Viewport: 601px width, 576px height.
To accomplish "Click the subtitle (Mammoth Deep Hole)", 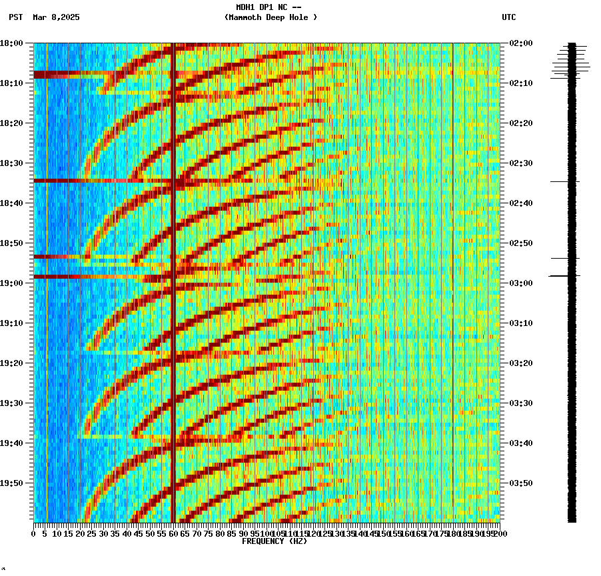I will pyautogui.click(x=271, y=17).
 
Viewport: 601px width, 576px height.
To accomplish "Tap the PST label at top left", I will pyautogui.click(x=16, y=17).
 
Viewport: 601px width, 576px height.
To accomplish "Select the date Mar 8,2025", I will pyautogui.click(x=56, y=17).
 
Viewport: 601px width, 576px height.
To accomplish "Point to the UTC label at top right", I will pyautogui.click(x=509, y=17).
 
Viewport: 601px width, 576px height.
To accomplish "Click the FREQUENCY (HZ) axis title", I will pyautogui.click(x=274, y=541).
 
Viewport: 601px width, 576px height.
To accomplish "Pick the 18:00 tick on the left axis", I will pyautogui.click(x=12, y=43).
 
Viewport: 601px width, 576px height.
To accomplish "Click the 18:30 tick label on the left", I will pyautogui.click(x=12, y=163).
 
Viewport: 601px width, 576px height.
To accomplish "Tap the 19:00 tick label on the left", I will pyautogui.click(x=12, y=283).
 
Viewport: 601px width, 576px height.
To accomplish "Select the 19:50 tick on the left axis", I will pyautogui.click(x=12, y=483).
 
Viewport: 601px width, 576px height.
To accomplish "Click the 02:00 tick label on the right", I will pyautogui.click(x=520, y=43).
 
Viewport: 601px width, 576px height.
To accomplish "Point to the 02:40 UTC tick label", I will pyautogui.click(x=520, y=203).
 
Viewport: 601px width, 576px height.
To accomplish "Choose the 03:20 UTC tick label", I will pyautogui.click(x=520, y=363).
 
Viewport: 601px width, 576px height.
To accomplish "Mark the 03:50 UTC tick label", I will pyautogui.click(x=520, y=483).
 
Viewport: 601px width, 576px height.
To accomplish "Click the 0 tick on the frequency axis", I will pyautogui.click(x=34, y=533).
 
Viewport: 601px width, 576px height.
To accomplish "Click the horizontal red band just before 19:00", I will pyautogui.click(x=100, y=276).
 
